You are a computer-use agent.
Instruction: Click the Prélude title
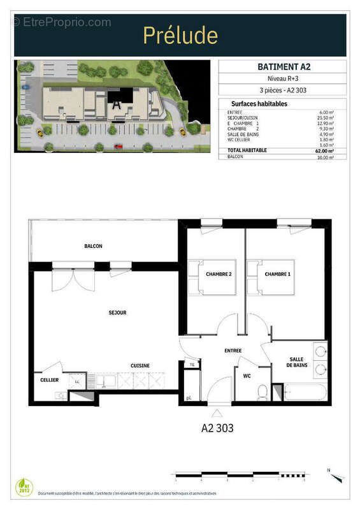pos(180,35)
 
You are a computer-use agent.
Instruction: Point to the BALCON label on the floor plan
pos(93,246)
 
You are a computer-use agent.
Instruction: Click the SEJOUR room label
pos(117,313)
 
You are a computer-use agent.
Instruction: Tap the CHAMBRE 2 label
pos(218,274)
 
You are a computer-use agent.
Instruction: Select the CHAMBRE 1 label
pos(278,274)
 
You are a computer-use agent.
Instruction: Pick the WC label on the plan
pos(247,376)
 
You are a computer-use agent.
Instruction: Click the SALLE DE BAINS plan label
pos(298,363)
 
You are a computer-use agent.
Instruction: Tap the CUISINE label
pos(140,365)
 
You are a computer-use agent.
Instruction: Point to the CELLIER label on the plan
pos(49,380)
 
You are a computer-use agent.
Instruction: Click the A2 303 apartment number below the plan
pos(218,428)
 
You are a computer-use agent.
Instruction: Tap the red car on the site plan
pos(118,146)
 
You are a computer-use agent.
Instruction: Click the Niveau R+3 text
pos(282,78)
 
